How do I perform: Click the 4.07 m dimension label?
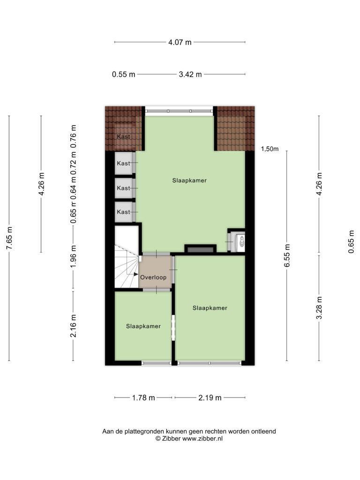pyautogui.click(x=180, y=42)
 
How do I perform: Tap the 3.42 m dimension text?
pyautogui.click(x=190, y=75)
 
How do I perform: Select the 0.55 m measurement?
pyautogui.click(x=123, y=75)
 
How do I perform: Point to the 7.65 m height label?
pyautogui.click(x=9, y=238)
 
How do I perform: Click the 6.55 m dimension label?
pyautogui.click(x=287, y=255)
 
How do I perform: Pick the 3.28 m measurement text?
pyautogui.click(x=319, y=307)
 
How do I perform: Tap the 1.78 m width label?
pyautogui.click(x=143, y=397)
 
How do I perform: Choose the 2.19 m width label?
pyautogui.click(x=210, y=397)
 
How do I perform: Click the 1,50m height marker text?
pyautogui.click(x=270, y=149)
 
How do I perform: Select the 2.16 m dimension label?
pyautogui.click(x=73, y=326)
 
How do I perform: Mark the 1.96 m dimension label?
pyautogui.click(x=73, y=256)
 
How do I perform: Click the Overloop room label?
pyautogui.click(x=153, y=277)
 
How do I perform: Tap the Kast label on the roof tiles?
pyautogui.click(x=123, y=136)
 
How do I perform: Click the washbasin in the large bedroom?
pyautogui.click(x=241, y=240)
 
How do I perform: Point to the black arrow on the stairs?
pyautogui.click(x=136, y=275)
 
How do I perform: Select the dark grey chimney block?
pyautogui.click(x=201, y=250)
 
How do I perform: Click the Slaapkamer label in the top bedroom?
pyautogui.click(x=189, y=180)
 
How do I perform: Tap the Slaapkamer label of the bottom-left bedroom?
pyautogui.click(x=143, y=326)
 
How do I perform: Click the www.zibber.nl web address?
pyautogui.click(x=202, y=439)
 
